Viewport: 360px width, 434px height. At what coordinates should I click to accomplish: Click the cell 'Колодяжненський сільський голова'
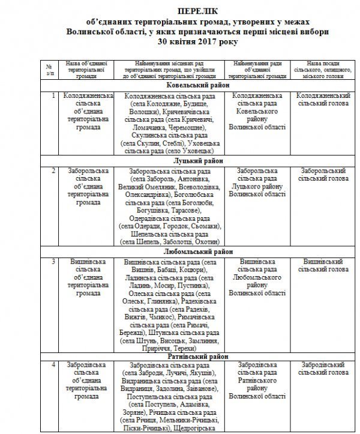[x=323, y=99]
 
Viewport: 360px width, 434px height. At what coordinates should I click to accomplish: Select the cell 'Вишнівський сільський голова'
[x=323, y=265]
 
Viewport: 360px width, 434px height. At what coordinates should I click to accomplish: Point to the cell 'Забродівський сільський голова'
[x=323, y=369]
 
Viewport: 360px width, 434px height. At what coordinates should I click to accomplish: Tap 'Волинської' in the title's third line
[x=119, y=30]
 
